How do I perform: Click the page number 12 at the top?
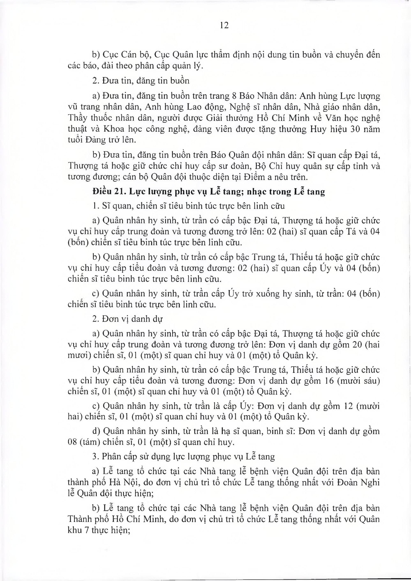[224, 25]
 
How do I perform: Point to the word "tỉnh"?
[354, 166]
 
